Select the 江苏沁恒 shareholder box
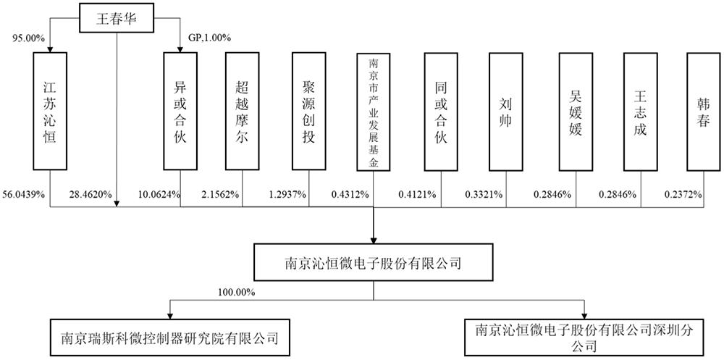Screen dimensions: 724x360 coord(50,111)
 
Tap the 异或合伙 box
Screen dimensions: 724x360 coord(180,111)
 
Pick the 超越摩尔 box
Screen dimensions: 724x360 coord(243,111)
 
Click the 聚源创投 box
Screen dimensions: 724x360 coord(309,111)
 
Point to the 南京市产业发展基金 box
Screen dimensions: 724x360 coord(373,112)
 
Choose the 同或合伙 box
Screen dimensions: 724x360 coord(441,111)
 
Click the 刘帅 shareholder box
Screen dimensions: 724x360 coord(505,111)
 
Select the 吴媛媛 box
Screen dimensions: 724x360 coord(576,111)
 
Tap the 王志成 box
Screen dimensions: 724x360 coord(641,111)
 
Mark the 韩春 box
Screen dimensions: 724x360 coord(703,111)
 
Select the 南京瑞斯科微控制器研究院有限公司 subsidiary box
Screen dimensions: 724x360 coord(170,339)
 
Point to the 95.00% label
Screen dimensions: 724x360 coord(28,38)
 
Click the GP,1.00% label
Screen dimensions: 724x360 coord(210,38)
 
